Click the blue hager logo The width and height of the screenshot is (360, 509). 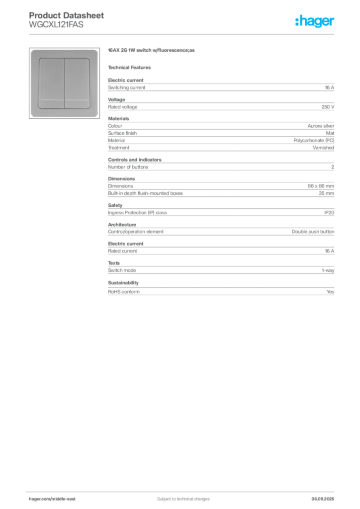click(315, 22)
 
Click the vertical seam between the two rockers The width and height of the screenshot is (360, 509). click(65, 83)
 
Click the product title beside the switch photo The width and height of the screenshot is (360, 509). click(153, 51)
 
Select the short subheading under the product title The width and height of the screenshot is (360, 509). click(131, 67)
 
